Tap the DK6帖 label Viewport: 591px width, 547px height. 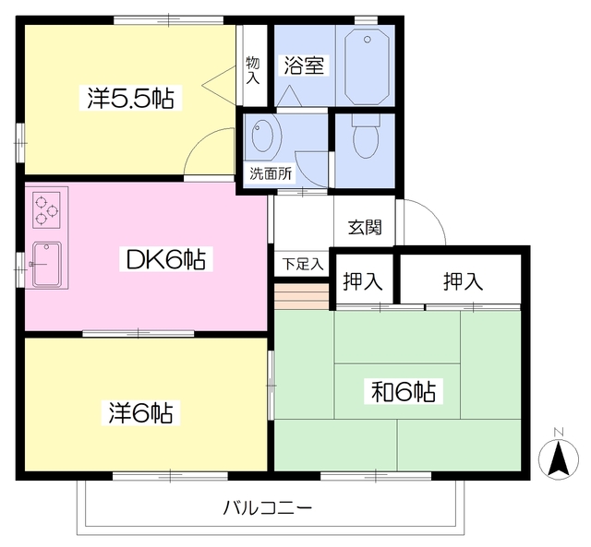point(165,260)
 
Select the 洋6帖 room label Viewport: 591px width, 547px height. point(139,412)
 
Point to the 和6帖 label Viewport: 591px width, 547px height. point(403,392)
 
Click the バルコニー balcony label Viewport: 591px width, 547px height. point(267,507)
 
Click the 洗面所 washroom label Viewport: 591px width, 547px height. point(269,173)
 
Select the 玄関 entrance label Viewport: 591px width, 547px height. point(365,227)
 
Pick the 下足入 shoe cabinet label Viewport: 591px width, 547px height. point(301,264)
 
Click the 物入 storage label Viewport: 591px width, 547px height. point(252,70)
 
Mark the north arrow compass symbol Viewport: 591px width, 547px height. point(557,459)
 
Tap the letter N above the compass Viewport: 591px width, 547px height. point(557,432)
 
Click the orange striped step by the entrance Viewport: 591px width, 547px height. point(302,295)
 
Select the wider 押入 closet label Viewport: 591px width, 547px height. point(463,282)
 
